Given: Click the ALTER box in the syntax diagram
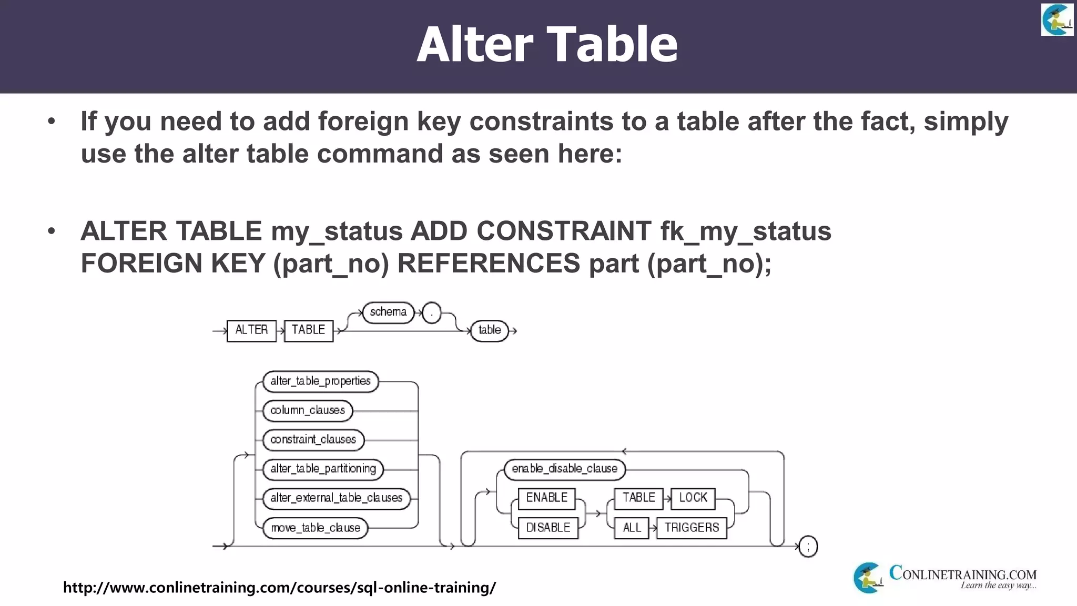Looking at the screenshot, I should tap(251, 330).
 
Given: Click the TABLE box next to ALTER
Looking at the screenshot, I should tap(308, 330).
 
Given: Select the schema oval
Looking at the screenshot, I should tap(388, 312).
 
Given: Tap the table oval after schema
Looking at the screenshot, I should tap(489, 330).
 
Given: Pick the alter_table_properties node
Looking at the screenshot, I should tap(320, 381).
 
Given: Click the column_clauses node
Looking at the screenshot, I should tap(308, 410).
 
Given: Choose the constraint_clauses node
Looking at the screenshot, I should tap(313, 440).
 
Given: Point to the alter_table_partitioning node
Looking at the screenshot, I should tap(323, 469).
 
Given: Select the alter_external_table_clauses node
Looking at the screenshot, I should tap(336, 498).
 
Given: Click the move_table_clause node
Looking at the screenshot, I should tap(315, 528).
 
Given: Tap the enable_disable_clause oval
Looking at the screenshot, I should tap(564, 469).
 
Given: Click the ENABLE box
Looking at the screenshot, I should tap(546, 498).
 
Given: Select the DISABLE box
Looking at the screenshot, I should tap(548, 528).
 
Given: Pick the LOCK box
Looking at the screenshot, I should tap(693, 498).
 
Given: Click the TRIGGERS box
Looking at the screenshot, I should tap(691, 528).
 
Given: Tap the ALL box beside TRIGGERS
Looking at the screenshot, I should tap(632, 528).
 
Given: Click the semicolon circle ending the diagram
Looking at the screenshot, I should tap(808, 547).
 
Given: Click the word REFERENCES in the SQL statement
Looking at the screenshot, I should tap(488, 263).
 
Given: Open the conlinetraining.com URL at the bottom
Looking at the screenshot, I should tap(279, 587).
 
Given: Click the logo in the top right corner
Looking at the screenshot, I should tap(1057, 20).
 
